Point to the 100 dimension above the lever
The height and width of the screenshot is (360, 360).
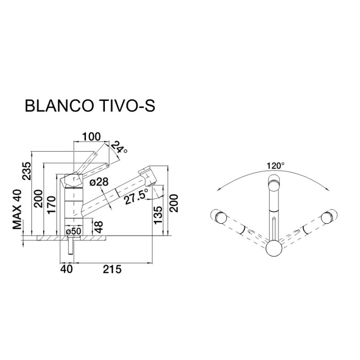[x=91, y=137]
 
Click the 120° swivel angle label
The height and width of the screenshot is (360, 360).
[x=275, y=166]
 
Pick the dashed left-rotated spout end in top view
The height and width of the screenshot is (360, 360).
[x=219, y=217]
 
